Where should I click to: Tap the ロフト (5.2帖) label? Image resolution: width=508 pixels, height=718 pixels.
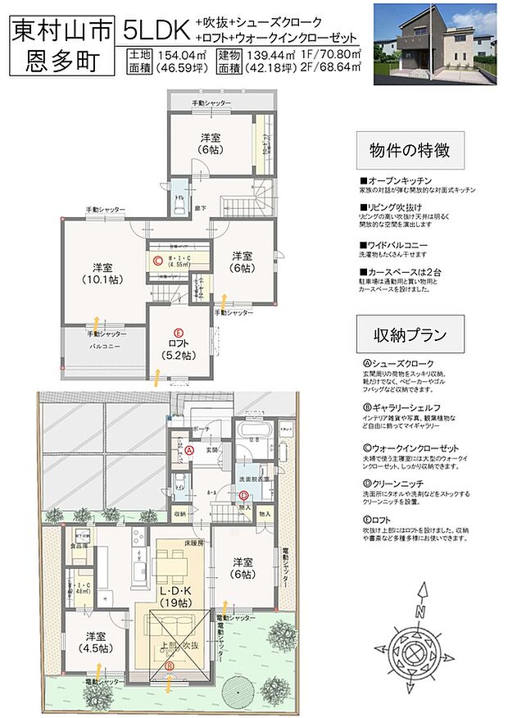(178, 351)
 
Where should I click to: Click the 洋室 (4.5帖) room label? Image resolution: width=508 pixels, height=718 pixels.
(96, 642)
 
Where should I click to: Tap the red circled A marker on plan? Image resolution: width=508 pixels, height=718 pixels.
(188, 449)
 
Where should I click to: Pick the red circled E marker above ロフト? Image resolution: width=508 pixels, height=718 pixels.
(177, 334)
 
